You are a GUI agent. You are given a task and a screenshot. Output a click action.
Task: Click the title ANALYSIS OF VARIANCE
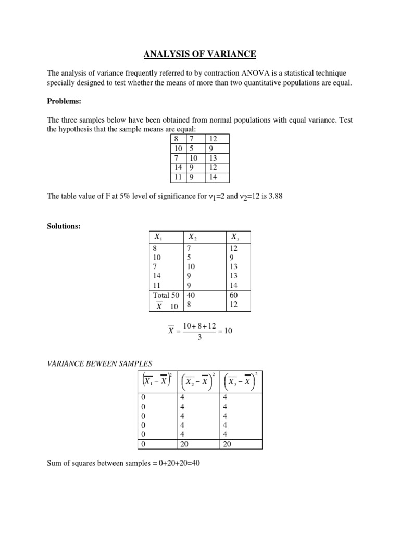pyautogui.click(x=200, y=54)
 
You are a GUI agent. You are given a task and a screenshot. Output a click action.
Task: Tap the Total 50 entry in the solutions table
pyautogui.click(x=164, y=295)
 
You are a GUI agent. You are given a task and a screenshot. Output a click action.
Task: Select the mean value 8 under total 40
pyautogui.click(x=189, y=305)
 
